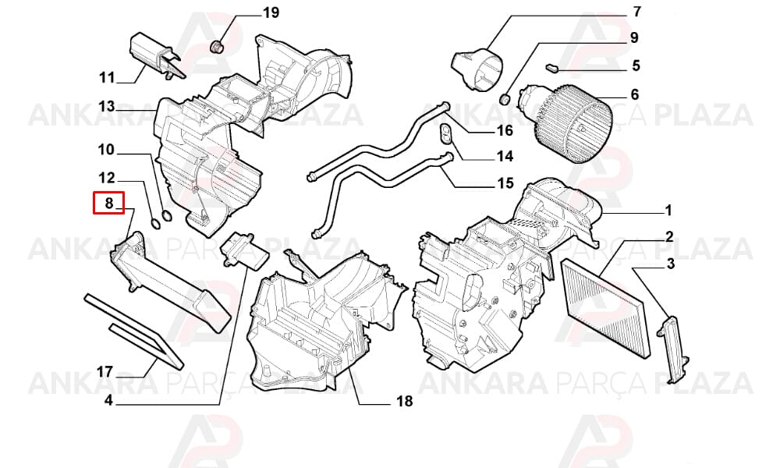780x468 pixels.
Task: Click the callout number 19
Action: (271, 12)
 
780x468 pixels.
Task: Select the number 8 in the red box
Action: (109, 203)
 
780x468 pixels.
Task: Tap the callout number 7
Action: (636, 11)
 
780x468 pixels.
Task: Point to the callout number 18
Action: (404, 400)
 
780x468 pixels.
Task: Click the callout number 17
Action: (105, 371)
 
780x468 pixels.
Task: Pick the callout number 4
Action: (108, 400)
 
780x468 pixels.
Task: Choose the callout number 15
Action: (505, 183)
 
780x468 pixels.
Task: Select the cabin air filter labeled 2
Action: (605, 308)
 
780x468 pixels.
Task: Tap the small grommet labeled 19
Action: (216, 48)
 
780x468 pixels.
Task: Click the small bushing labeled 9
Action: (505, 98)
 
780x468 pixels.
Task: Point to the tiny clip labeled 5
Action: (551, 66)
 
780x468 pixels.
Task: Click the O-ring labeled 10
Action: (167, 216)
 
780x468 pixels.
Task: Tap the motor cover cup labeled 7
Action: (477, 69)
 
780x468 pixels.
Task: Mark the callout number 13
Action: (106, 106)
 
